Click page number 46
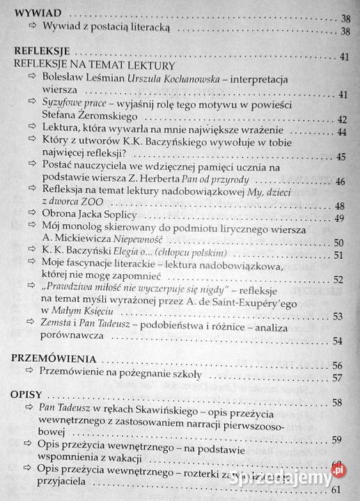point(340,182)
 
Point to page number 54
point(338,342)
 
